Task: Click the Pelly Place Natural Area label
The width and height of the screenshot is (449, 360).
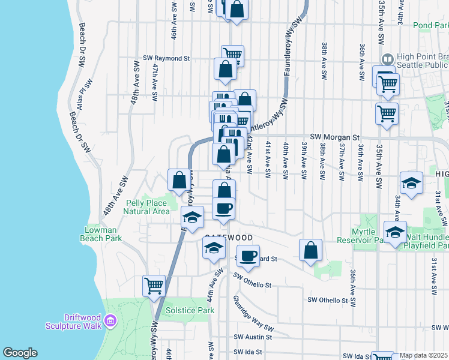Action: [x=147, y=207]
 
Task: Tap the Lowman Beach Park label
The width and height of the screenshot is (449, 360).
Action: [x=101, y=234]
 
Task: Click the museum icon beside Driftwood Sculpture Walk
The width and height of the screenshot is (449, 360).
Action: [x=110, y=322]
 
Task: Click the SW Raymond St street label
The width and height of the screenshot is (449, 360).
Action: [x=166, y=59]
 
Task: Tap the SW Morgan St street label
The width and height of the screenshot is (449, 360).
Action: [x=334, y=137]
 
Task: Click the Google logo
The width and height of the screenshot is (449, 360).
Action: [x=20, y=353]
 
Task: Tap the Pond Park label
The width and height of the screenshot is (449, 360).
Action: [x=431, y=26]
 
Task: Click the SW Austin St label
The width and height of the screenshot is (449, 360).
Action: [x=253, y=337]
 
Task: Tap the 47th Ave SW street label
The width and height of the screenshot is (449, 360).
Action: [x=155, y=82]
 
